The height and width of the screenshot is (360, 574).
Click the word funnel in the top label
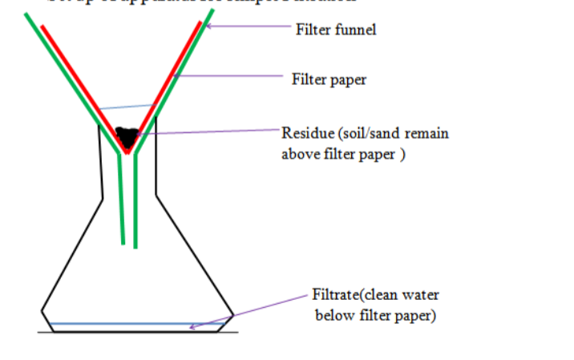click(353, 30)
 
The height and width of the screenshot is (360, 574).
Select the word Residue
click(305, 133)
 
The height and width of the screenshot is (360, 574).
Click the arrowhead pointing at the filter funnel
click(211, 26)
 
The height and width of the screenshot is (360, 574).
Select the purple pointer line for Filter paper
click(232, 77)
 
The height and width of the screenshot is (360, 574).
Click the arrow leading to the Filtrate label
click(249, 310)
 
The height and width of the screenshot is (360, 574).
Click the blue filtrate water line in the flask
click(120, 325)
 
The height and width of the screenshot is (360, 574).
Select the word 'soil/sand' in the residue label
click(366, 133)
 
